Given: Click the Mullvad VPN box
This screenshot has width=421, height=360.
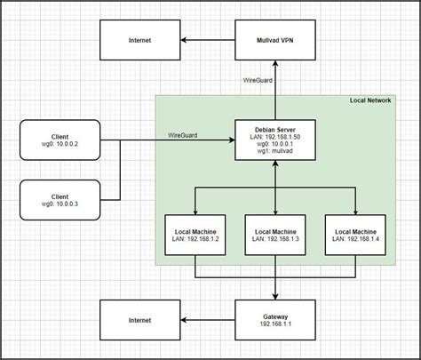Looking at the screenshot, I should click(274, 40).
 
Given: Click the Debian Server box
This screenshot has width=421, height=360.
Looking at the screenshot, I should click(274, 140).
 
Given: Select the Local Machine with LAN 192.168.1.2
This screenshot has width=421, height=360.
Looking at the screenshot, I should click(197, 235).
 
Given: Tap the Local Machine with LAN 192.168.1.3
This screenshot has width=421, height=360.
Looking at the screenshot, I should click(274, 235).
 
